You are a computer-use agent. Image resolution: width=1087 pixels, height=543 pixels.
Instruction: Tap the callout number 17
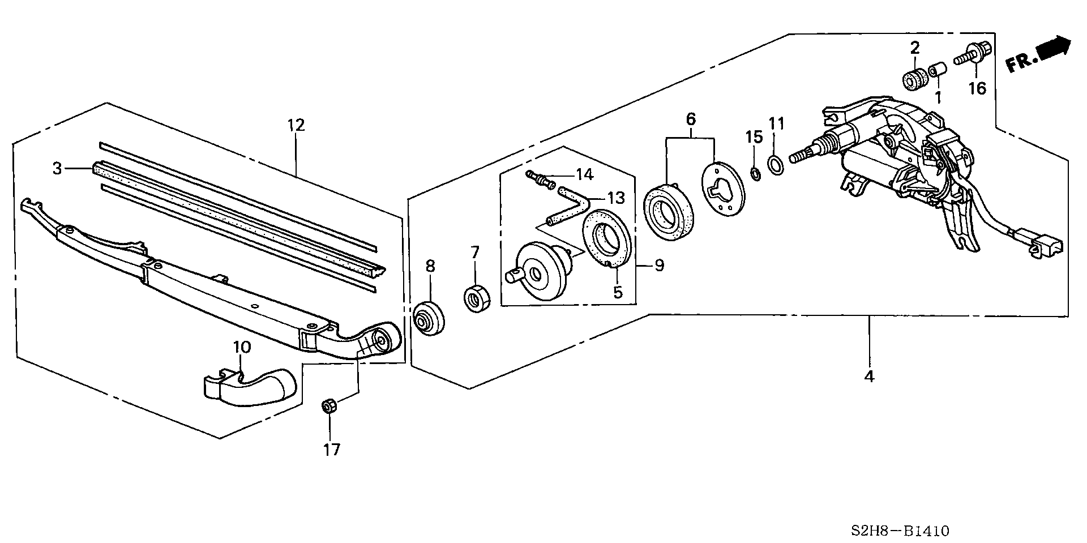coord(332,450)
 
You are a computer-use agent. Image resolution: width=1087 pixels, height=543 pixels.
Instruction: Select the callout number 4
coord(869,376)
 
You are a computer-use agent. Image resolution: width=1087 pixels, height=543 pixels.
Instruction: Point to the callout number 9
coord(660,265)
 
